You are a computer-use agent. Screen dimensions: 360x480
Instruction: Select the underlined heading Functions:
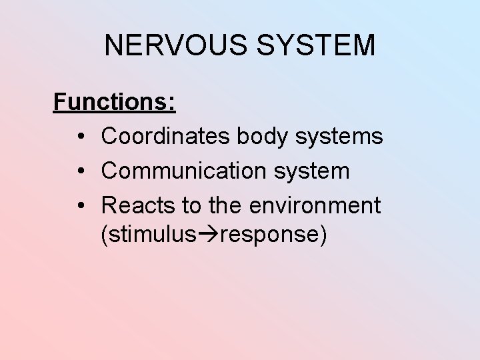coord(114,102)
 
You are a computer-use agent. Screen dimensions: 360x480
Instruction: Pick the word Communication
coord(183,171)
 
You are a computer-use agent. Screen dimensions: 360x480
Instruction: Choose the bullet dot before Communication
coord(79,171)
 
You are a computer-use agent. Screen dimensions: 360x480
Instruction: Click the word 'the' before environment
coord(226,205)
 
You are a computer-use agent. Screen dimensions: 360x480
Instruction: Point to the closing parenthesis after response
coord(323,235)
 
